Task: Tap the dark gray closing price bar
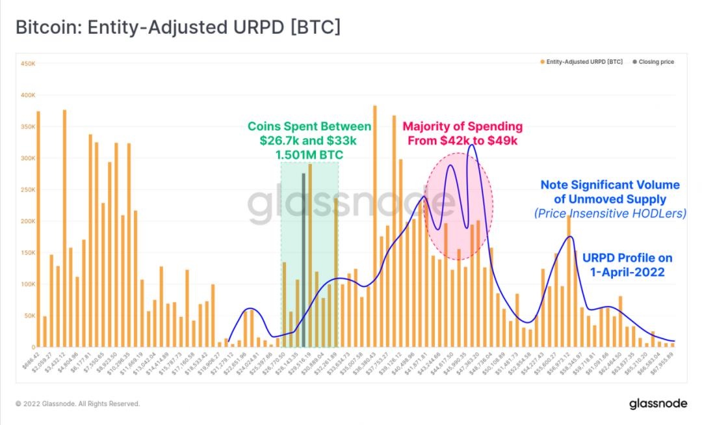coord(304,260)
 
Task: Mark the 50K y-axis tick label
coord(28,316)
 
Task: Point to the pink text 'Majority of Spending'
coord(463,126)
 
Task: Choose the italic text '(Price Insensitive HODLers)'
coord(610,213)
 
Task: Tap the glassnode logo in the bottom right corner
coord(658,404)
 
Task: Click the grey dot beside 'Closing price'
coord(634,62)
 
